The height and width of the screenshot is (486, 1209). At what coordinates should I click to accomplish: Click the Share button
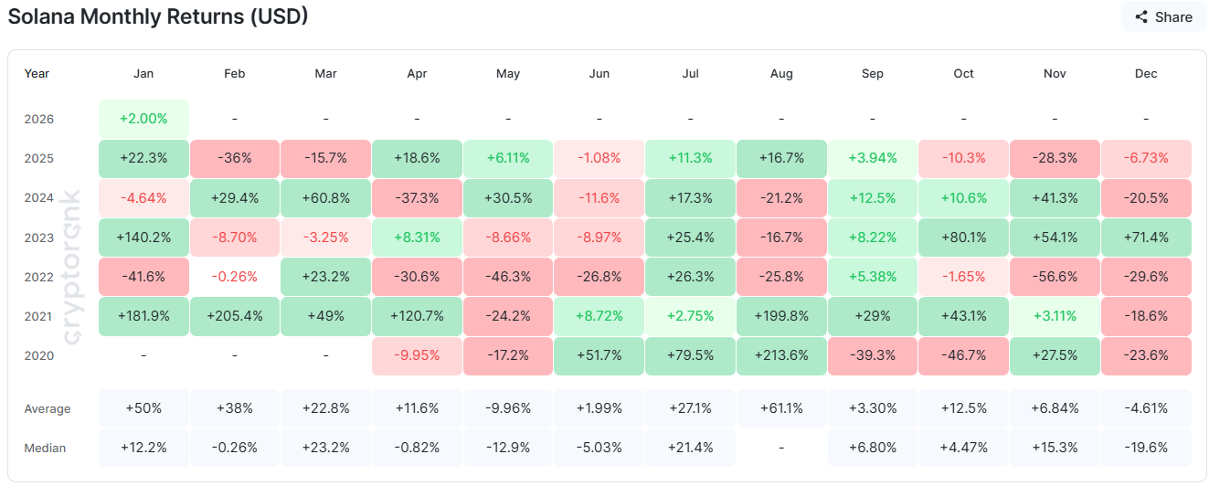1164,16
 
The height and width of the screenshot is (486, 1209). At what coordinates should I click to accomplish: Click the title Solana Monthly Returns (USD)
157,16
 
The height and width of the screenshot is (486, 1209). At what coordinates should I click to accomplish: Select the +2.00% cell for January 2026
143,119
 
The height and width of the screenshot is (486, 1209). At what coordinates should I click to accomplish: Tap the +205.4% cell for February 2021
235,316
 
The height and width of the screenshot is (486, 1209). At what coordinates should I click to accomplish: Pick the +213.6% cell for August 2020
781,355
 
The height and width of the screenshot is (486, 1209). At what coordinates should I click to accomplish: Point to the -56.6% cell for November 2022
1055,277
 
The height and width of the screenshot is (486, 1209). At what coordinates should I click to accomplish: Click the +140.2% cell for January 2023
143,238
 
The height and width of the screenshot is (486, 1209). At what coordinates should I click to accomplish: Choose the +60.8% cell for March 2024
326,197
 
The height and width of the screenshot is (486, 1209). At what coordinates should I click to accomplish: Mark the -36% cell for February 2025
235,158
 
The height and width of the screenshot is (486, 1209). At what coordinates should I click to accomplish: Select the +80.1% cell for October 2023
963,238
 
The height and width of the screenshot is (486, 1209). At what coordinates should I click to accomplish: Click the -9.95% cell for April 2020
417,355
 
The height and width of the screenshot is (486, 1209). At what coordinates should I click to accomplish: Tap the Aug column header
781,73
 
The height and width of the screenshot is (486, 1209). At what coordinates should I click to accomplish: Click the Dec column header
1145,73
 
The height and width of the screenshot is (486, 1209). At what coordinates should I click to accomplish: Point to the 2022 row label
39,277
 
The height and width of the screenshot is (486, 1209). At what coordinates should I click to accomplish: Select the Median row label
45,448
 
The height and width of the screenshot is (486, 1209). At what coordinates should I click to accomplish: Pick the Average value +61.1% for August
781,408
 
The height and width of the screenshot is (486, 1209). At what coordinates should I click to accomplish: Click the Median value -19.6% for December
1145,448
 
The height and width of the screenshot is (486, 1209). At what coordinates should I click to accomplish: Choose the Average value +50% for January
143,408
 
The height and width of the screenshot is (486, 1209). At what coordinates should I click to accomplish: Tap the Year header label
37,73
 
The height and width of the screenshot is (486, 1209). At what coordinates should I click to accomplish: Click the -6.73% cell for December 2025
1145,158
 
